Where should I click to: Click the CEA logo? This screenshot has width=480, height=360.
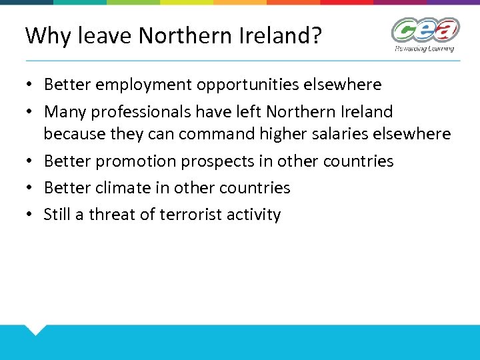click(x=425, y=31)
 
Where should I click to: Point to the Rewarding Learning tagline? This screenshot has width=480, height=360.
click(x=425, y=48)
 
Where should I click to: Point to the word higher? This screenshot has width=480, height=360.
click(x=281, y=134)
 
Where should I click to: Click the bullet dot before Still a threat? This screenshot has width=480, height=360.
click(x=31, y=215)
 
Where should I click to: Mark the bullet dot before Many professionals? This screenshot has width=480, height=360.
click(x=31, y=112)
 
